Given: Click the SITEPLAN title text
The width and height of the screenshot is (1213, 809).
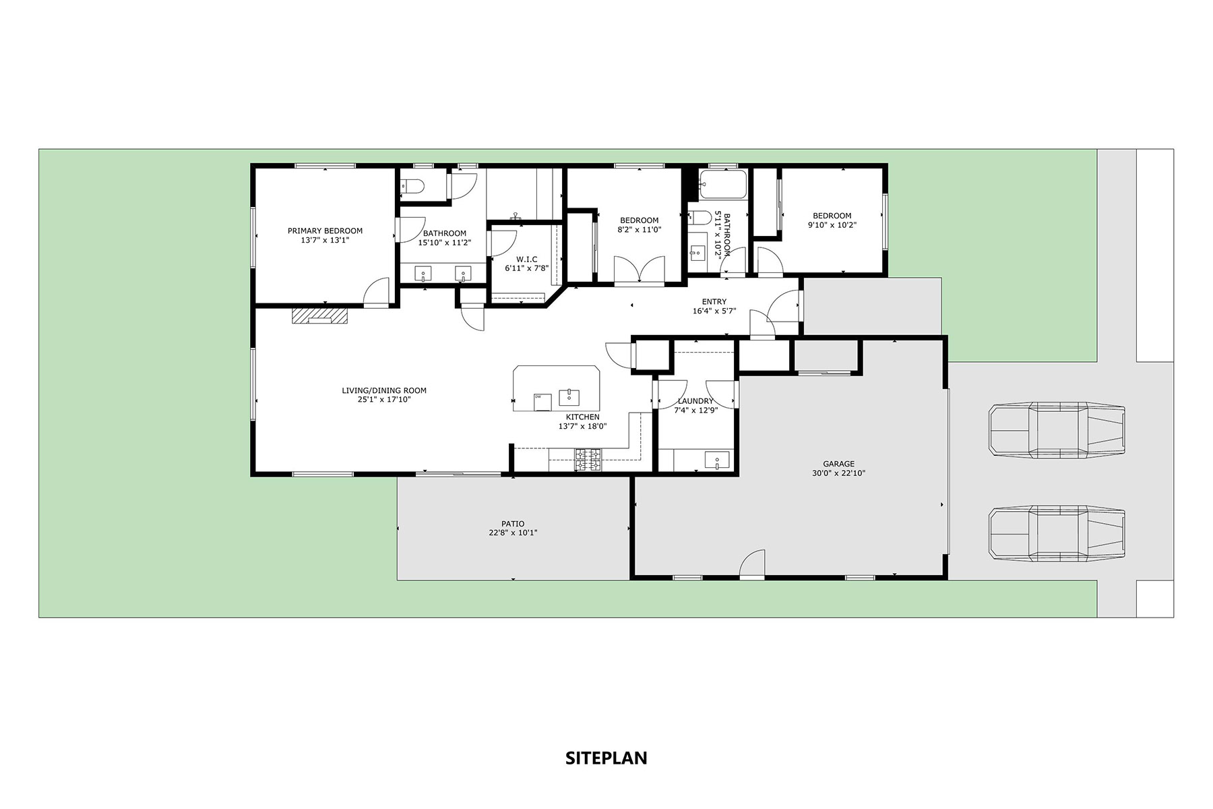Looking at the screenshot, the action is tap(606, 758).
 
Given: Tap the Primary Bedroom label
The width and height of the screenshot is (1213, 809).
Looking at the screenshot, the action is tap(325, 231).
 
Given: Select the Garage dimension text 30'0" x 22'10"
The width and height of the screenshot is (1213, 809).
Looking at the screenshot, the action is tap(838, 473).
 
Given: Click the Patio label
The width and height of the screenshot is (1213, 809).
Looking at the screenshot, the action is tap(513, 524).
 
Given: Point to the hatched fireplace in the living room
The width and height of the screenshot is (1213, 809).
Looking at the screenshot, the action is tap(320, 316).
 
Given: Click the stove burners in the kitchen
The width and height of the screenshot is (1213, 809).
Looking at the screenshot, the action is tap(588, 459).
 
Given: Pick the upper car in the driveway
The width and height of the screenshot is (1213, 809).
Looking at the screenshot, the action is tap(1056, 431).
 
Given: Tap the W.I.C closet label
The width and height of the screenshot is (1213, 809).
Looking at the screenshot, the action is tap(526, 259).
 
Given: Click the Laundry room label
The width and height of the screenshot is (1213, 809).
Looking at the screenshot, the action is tap(695, 401).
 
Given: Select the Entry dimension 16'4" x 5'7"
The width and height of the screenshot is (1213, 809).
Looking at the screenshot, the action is tap(714, 311).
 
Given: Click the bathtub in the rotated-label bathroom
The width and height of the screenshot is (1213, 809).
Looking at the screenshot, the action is tap(723, 183).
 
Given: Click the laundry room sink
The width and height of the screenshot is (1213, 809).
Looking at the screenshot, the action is tap(717, 460).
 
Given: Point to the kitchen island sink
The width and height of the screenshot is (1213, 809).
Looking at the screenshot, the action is tap(570, 396).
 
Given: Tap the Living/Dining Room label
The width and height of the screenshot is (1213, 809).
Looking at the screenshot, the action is tap(384, 390).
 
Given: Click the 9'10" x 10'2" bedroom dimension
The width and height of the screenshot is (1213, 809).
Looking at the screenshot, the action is tap(832, 225).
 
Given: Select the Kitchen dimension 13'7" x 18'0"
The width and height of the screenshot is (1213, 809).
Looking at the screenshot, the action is tap(583, 426).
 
